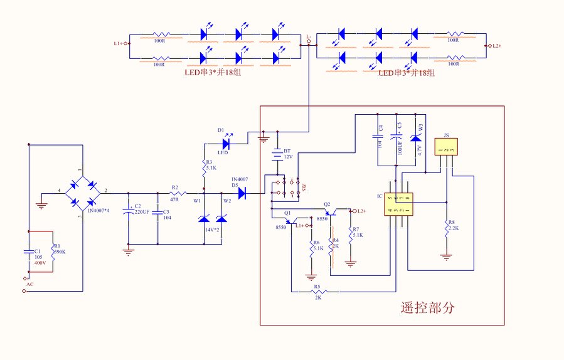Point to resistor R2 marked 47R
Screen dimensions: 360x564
176,193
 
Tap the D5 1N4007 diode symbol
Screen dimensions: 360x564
242,193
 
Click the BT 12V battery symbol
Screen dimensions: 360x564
277,154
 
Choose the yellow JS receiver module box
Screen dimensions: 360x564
446,147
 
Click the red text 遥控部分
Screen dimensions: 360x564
427,308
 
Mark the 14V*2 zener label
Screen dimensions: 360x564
212,230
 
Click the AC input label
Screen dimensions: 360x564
29,284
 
